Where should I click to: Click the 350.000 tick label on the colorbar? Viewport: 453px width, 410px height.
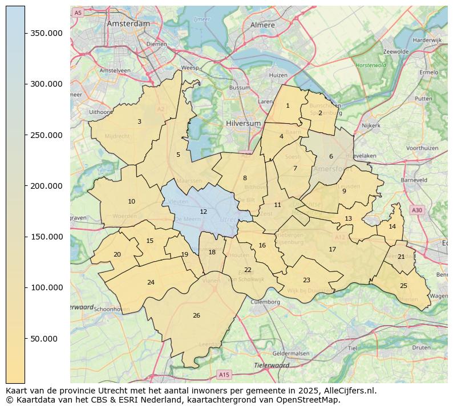click(47, 33)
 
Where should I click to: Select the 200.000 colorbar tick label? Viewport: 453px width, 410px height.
click(47, 186)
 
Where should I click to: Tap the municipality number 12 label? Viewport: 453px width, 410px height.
click(203, 212)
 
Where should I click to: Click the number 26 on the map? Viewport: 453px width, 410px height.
click(196, 315)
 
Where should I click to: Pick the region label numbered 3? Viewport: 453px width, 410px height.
click(139, 121)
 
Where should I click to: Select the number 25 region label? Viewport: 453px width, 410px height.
click(403, 286)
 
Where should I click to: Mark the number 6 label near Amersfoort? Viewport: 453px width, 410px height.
click(330, 156)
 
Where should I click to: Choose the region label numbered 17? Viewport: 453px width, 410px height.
click(332, 249)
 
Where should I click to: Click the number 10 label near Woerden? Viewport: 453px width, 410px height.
click(131, 201)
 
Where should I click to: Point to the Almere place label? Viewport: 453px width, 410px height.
click(262, 25)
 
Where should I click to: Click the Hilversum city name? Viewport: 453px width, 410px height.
click(243, 123)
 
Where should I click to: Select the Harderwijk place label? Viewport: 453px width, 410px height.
click(427, 40)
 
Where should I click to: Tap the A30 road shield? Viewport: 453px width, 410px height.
click(417, 210)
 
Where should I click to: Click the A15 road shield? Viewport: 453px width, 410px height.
click(224, 375)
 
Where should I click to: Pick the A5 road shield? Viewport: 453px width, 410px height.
click(78, 12)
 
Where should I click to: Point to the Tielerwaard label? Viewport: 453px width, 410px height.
click(272, 365)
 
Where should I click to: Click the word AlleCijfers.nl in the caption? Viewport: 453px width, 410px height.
click(347, 391)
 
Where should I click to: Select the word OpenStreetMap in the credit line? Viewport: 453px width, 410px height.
click(310, 400)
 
